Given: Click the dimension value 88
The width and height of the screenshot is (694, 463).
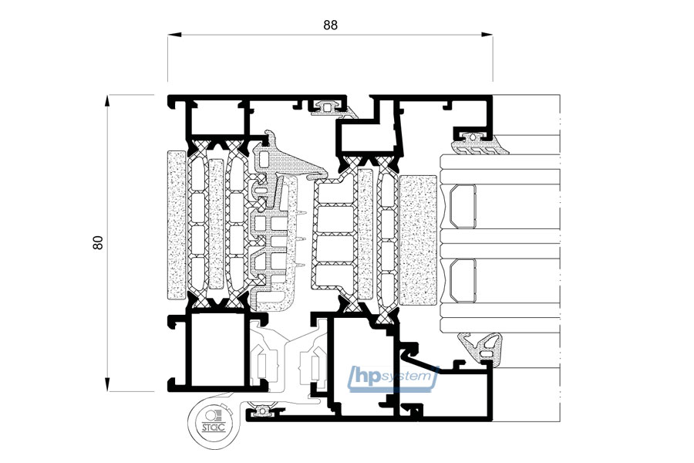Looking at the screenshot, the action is click(x=330, y=25).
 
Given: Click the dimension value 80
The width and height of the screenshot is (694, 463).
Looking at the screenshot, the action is click(x=98, y=242).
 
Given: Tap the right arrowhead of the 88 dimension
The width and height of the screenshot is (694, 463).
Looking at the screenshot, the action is click(x=486, y=35).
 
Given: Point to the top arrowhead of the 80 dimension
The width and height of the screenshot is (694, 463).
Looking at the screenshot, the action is click(x=107, y=101).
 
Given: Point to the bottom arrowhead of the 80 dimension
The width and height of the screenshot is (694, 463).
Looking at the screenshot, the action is click(x=107, y=384).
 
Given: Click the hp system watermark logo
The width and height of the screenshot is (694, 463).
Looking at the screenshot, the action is click(x=392, y=379).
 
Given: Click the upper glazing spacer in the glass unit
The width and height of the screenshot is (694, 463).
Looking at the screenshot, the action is click(x=463, y=207).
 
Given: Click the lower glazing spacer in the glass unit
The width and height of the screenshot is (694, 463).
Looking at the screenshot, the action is click(x=463, y=280).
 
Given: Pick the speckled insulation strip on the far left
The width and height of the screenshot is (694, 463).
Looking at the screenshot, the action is click(x=177, y=225).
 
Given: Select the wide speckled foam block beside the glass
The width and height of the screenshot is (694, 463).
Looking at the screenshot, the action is click(x=418, y=240).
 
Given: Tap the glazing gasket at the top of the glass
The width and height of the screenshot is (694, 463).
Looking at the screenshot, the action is click(x=479, y=145).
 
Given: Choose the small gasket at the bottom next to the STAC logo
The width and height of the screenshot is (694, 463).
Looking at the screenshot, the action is click(x=262, y=411).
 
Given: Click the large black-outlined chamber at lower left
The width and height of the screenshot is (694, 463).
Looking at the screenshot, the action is click(x=217, y=350).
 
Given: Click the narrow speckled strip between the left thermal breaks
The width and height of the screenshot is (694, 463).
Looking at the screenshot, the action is click(x=216, y=225).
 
